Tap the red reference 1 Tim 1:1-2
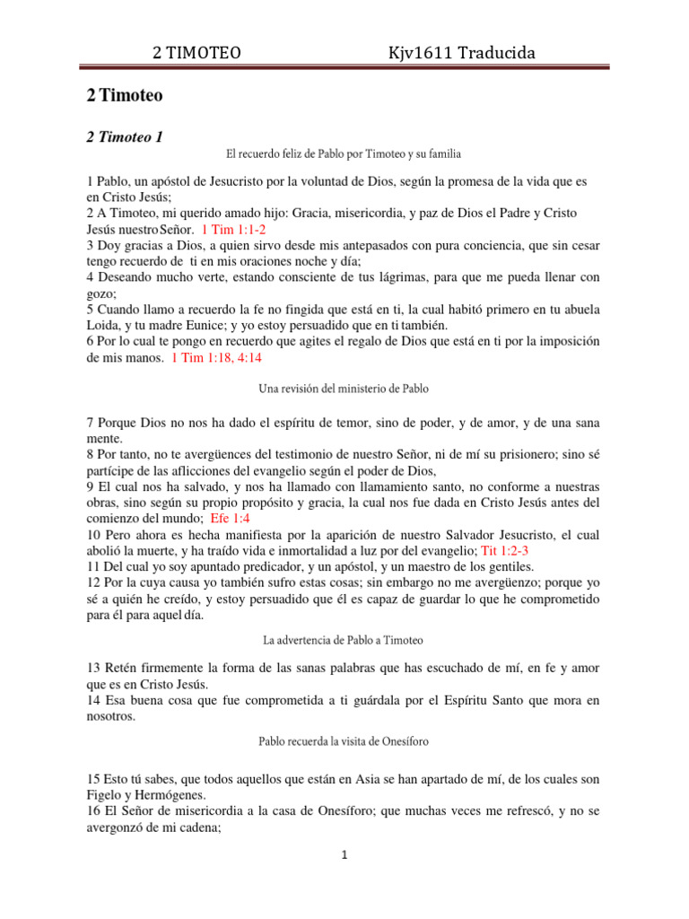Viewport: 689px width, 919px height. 233,229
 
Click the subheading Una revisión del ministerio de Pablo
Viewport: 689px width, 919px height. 344,389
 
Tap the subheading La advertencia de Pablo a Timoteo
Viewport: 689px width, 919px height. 344,640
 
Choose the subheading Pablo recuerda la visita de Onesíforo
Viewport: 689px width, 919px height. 344,742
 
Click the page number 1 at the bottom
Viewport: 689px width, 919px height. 344,855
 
